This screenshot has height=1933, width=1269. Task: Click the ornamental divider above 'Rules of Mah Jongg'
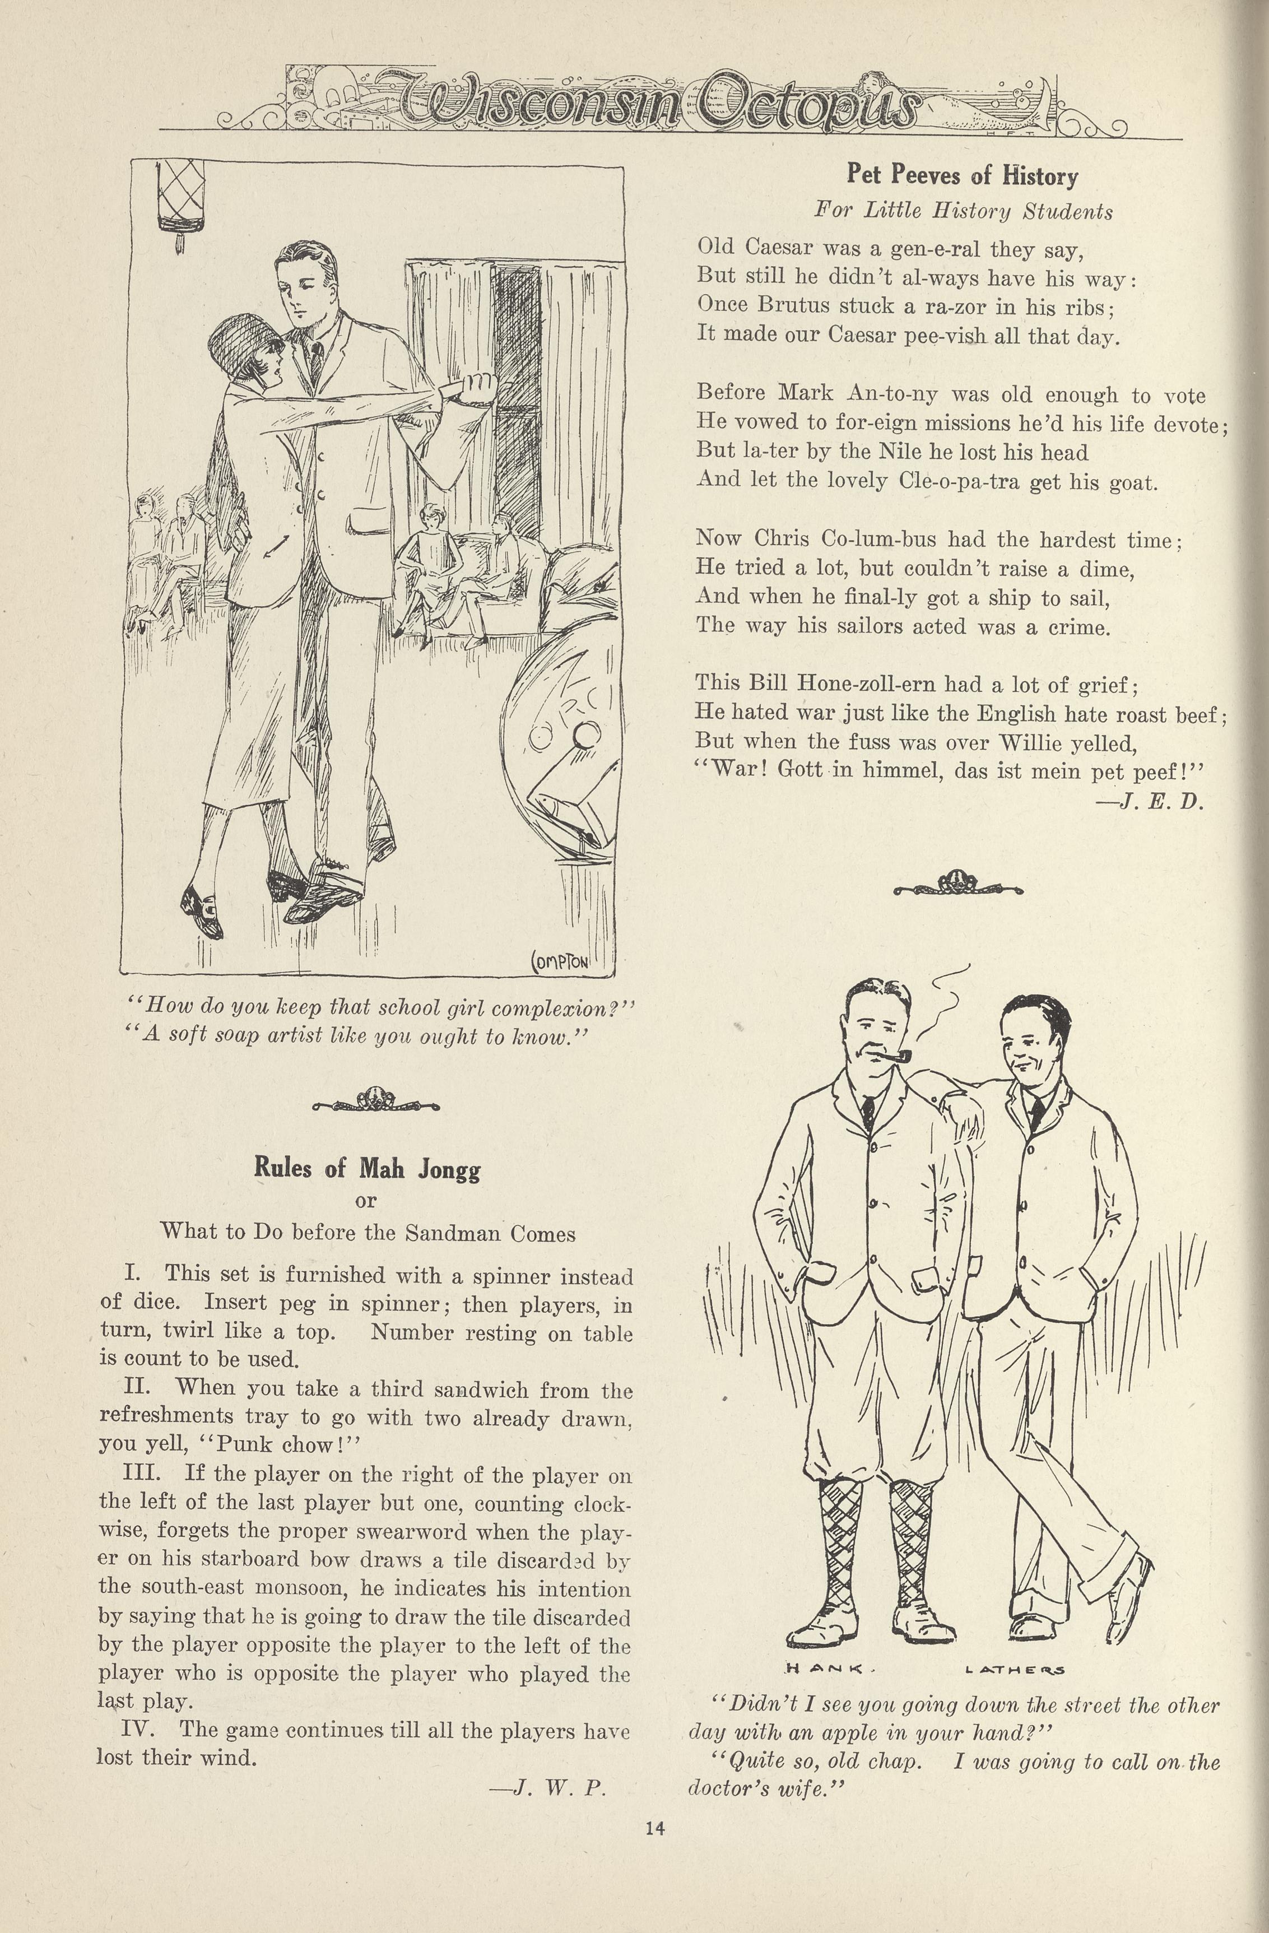pyautogui.click(x=375, y=1102)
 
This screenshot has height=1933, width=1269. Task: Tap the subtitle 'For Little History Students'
pyautogui.click(x=964, y=211)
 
